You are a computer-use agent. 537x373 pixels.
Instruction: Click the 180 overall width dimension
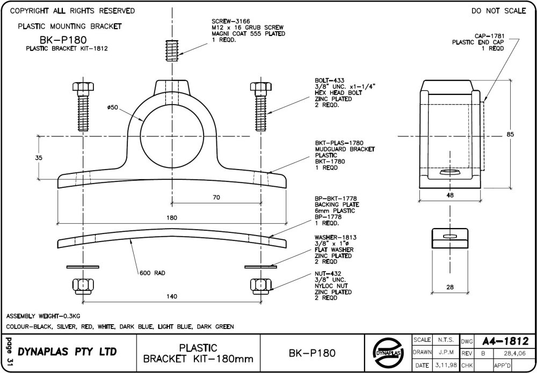coord(172,218)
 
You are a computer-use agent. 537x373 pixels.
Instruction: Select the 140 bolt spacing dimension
coord(172,295)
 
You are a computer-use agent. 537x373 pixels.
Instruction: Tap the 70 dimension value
coord(216,198)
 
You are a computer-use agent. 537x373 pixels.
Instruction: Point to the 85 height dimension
coord(510,134)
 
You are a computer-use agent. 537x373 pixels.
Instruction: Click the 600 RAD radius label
coord(152,273)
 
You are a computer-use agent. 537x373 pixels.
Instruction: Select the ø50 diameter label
coord(113,107)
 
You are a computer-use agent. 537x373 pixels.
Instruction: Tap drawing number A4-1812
coord(505,341)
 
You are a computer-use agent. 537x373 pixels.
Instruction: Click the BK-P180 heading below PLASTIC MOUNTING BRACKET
coord(63,39)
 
